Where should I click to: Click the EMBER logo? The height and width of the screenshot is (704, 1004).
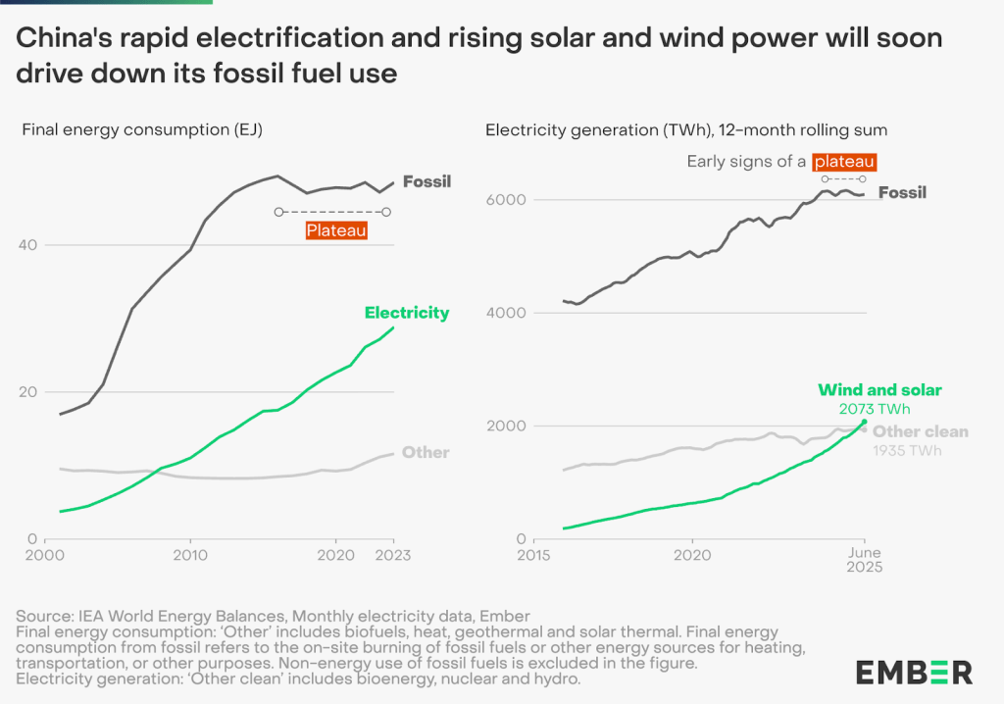pyautogui.click(x=913, y=672)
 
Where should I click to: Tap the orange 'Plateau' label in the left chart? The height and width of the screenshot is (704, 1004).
pyautogui.click(x=336, y=231)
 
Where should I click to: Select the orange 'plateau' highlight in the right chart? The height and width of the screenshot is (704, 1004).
pyautogui.click(x=843, y=161)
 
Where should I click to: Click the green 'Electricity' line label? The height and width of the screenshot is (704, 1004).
pyautogui.click(x=406, y=313)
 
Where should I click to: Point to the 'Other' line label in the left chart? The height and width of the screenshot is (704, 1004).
pyautogui.click(x=425, y=452)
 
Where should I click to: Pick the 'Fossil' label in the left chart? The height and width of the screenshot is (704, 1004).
pyautogui.click(x=427, y=181)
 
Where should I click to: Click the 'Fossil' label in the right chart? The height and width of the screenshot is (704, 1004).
pyautogui.click(x=901, y=192)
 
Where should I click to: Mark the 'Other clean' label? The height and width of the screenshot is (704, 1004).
pyautogui.click(x=921, y=431)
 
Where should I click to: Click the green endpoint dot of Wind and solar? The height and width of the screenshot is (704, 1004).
pyautogui.click(x=864, y=422)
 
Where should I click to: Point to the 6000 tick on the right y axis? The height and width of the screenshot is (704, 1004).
pyautogui.click(x=502, y=200)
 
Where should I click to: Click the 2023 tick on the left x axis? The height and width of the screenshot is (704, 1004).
pyautogui.click(x=393, y=555)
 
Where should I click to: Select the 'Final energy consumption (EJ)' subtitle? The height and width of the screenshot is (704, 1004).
pyautogui.click(x=142, y=128)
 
